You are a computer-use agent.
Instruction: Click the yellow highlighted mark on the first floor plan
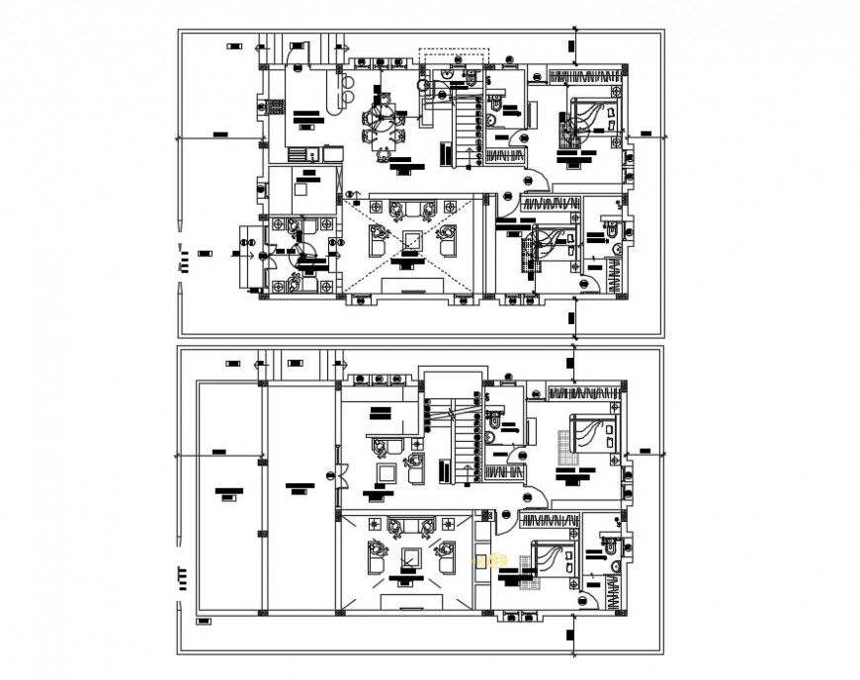tap(484, 560)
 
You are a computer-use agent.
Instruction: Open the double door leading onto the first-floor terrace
tap(339, 475)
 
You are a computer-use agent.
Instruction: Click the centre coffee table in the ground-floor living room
tap(409, 240)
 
